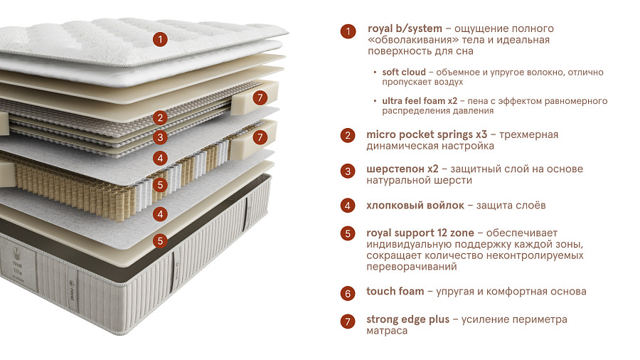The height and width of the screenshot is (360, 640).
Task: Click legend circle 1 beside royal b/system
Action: coord(348,31)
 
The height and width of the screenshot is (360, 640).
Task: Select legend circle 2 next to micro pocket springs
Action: coord(348,135)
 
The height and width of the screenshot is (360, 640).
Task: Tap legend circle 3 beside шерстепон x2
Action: coord(348,171)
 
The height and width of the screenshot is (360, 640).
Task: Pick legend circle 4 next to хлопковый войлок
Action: coord(348,206)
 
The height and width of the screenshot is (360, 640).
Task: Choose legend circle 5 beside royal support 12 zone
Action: coord(348,233)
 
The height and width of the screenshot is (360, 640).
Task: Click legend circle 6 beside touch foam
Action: coord(348,293)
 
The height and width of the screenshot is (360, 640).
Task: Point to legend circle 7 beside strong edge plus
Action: coord(348,322)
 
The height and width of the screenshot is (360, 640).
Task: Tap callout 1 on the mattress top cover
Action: coord(161,39)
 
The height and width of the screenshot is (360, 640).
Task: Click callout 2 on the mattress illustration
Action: coord(161,118)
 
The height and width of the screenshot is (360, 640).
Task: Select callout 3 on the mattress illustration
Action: coord(161,137)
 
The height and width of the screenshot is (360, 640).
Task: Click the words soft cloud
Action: coord(404,73)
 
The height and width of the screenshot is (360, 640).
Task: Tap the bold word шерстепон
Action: coord(396,169)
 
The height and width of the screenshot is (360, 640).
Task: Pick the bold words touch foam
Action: coord(395,292)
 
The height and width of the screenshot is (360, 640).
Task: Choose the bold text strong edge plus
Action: coord(407,319)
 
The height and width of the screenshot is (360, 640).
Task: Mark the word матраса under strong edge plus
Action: coord(387,332)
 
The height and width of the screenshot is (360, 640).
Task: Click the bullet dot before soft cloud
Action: coord(375,73)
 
